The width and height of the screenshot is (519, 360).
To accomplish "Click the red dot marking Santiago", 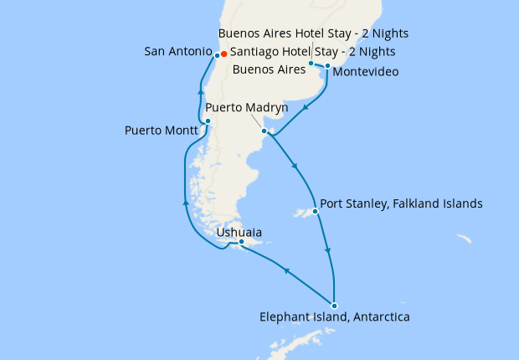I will [224, 54].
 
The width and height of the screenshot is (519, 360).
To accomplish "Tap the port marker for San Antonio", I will [216, 55].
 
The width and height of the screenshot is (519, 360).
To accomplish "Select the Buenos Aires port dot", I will [311, 63].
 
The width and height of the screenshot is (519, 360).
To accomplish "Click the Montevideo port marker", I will [327, 65].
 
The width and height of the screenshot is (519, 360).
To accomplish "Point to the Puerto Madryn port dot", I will [264, 131].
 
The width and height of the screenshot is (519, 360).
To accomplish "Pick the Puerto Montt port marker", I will [208, 121].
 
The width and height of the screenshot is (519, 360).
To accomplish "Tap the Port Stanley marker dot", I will [315, 211].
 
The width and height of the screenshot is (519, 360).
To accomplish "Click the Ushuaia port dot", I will [241, 242].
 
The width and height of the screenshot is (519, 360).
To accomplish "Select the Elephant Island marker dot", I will [334, 305].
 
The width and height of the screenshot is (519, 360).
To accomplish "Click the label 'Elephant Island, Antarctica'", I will [335, 317].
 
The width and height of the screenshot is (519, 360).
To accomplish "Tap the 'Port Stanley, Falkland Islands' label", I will [403, 203].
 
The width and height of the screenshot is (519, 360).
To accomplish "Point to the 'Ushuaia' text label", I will [239, 231].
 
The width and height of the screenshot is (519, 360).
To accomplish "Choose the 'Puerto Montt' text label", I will [162, 131].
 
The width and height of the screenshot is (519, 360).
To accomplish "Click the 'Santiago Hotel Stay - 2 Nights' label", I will [312, 52].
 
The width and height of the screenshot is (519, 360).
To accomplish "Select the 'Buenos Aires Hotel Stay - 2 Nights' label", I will [313, 33].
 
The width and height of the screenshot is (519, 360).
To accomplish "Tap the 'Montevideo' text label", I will [365, 73].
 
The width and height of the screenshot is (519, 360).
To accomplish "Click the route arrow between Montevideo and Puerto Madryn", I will [307, 107].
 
